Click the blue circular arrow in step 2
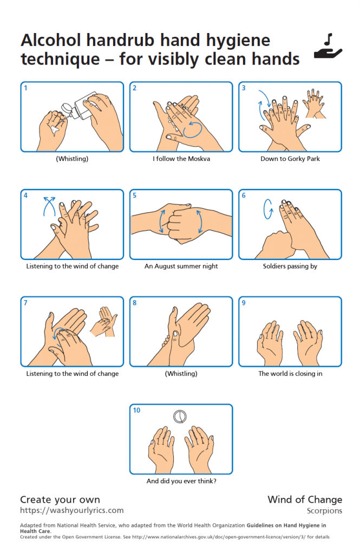pos(193,129)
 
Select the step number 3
pos(244,88)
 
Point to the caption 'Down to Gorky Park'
pos(290,159)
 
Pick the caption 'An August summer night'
pos(181,266)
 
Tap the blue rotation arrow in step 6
pos(268,209)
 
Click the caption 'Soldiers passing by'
pos(290,266)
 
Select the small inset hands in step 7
pos(104,322)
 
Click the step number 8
pos(135,303)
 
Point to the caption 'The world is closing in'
pos(290,374)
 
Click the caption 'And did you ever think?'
pos(181,481)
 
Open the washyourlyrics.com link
pos(71,510)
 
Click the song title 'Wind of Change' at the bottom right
pos(305,499)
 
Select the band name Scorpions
pos(324,511)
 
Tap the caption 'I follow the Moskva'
pos(181,159)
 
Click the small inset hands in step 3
pos(315,104)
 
